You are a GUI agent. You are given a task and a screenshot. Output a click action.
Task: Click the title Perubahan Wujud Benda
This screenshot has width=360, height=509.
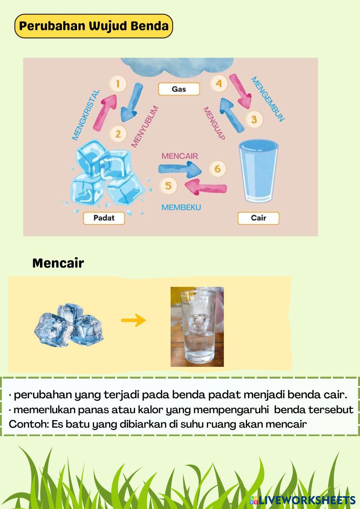pyautogui.click(x=94, y=26)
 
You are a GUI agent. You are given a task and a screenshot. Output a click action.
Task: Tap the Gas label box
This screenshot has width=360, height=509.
pyautogui.click(x=179, y=89)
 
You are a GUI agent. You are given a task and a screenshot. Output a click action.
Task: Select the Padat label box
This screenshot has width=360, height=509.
pyautogui.click(x=104, y=218)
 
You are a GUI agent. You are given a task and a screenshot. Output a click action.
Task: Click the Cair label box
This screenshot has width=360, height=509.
pyautogui.click(x=258, y=218)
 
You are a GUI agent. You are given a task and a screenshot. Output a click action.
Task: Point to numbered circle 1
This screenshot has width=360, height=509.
pyautogui.click(x=118, y=84)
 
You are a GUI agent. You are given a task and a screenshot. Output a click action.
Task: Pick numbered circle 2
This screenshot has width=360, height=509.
pyautogui.click(x=118, y=134)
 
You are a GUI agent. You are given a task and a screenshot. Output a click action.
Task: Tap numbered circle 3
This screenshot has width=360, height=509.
pyautogui.click(x=254, y=119)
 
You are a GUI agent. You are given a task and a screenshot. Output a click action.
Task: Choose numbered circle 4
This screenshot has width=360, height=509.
pyautogui.click(x=219, y=84)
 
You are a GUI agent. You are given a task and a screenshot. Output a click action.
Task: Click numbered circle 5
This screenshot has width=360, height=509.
pyautogui.click(x=168, y=186)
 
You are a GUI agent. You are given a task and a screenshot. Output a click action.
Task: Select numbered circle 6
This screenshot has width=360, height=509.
pyautogui.click(x=217, y=168)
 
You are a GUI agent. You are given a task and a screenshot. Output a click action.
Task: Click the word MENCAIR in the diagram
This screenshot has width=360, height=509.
pyautogui.click(x=180, y=156)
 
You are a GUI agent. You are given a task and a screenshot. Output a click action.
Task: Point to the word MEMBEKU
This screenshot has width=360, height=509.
pyautogui.click(x=181, y=207)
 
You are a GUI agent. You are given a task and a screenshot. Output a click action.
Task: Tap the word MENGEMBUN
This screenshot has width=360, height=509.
pyautogui.click(x=268, y=99)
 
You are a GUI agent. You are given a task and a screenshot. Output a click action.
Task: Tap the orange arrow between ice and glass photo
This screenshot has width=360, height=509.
pyautogui.click(x=133, y=320)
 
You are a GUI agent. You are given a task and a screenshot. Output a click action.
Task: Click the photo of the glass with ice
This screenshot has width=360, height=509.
pyautogui.click(x=197, y=326)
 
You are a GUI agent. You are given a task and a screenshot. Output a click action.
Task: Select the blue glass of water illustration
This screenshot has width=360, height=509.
pyautogui.click(x=259, y=172)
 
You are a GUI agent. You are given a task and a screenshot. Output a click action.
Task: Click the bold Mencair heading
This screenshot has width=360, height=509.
pyautogui.click(x=58, y=263)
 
